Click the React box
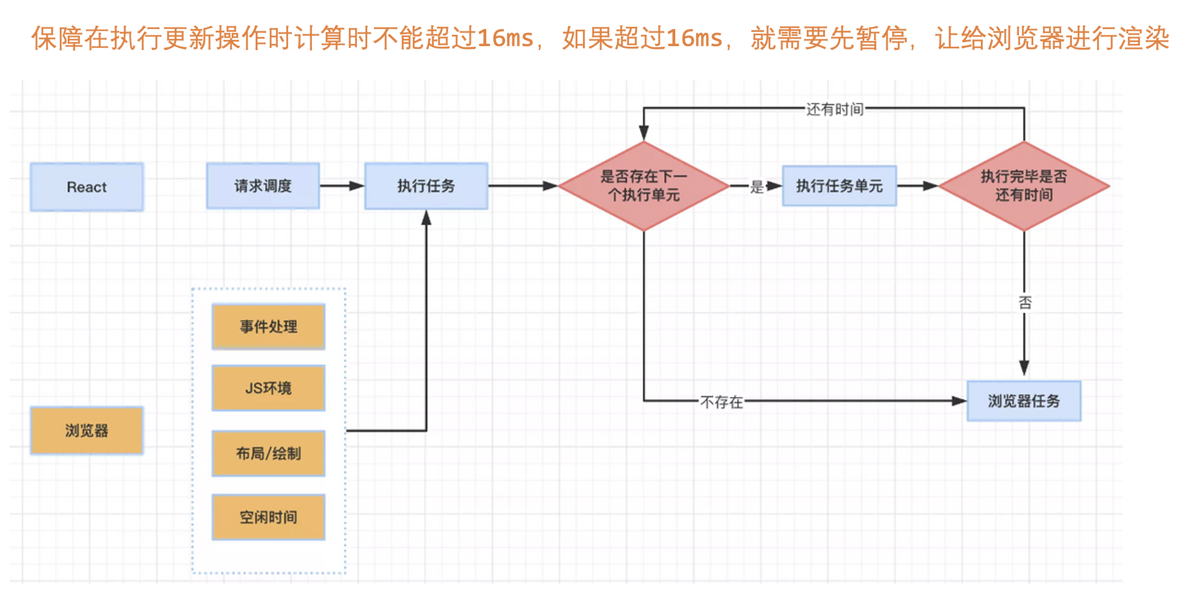click(x=87, y=187)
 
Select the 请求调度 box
click(x=262, y=186)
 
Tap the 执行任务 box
click(x=426, y=186)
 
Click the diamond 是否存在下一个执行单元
click(x=643, y=186)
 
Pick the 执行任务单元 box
click(x=839, y=186)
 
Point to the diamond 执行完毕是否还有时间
click(x=1024, y=186)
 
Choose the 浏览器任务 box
click(x=1024, y=401)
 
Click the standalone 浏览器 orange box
click(x=87, y=431)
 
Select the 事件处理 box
click(x=268, y=326)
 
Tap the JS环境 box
click(x=268, y=388)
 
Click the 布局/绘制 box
click(x=268, y=453)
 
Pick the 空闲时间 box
click(x=268, y=517)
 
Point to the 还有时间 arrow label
click(x=835, y=109)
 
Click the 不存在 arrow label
click(x=721, y=402)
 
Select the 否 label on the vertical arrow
click(x=1025, y=302)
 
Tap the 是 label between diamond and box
click(x=757, y=186)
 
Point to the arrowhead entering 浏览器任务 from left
click(x=960, y=401)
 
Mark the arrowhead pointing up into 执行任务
click(x=426, y=218)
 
